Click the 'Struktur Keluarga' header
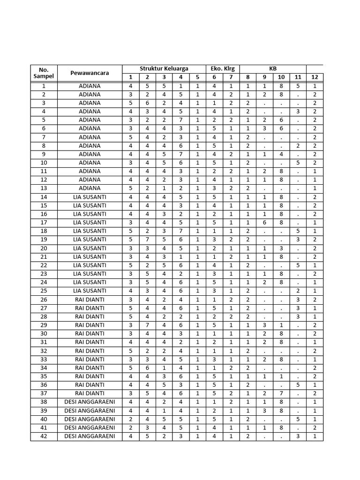point(164,68)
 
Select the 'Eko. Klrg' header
point(223,68)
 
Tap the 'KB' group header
point(273,68)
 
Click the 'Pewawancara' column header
point(90,73)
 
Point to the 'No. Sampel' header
point(44,73)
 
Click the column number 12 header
point(315,77)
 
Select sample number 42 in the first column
point(44,436)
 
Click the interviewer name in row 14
point(90,197)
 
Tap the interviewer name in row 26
point(90,300)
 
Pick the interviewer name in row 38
point(90,402)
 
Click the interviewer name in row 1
point(90,86)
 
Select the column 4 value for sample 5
point(180,120)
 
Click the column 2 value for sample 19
point(147,240)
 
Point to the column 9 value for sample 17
point(264,223)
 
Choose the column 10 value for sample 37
point(281,394)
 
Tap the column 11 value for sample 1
point(298,86)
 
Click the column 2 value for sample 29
point(147,325)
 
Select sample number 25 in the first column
point(44,291)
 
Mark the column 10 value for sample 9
point(281,154)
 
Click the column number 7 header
point(231,77)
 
